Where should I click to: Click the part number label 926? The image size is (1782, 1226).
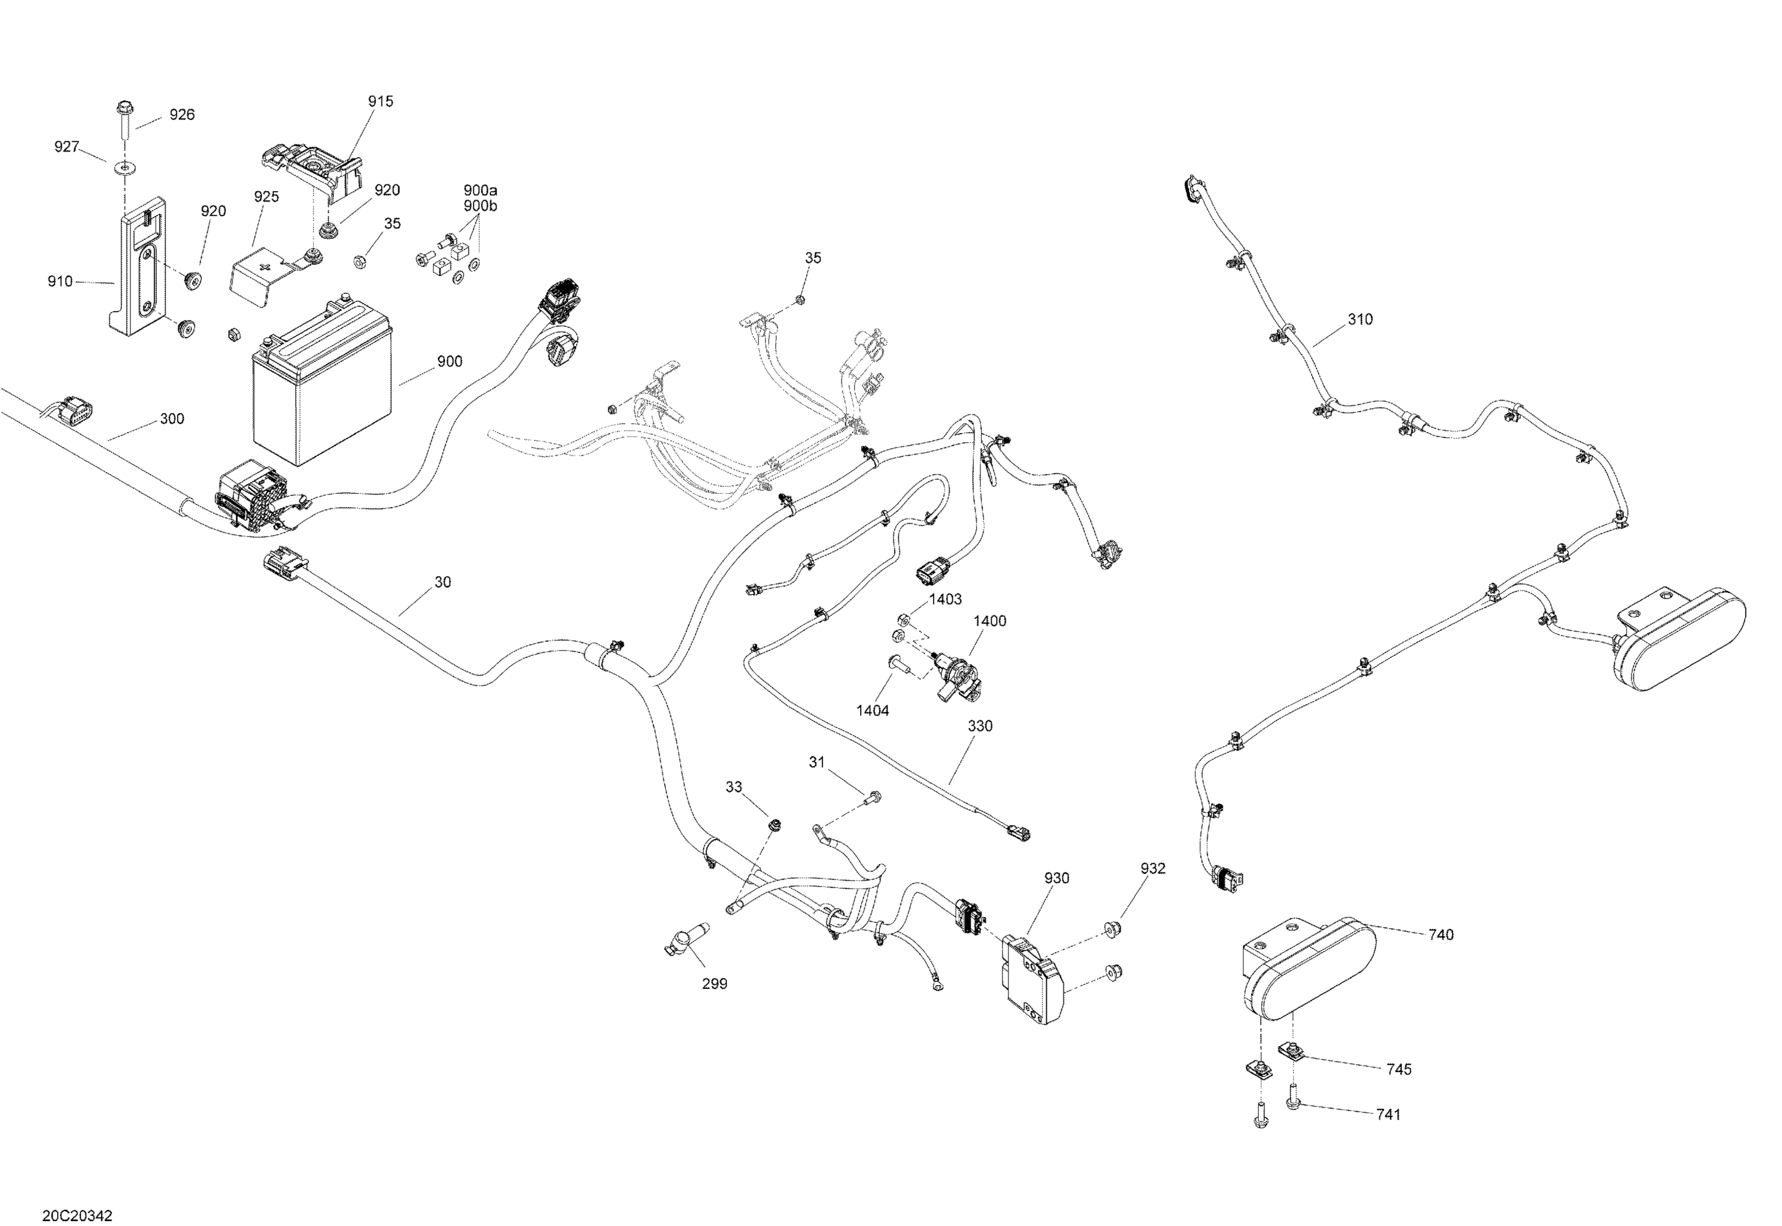[182, 115]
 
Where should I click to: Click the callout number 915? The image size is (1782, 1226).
[380, 102]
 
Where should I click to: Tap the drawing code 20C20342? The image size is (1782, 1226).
[77, 1215]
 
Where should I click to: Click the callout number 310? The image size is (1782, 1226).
[1360, 320]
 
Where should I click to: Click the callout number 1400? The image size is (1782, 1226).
[990, 621]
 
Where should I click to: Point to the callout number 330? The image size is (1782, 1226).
[980, 726]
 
